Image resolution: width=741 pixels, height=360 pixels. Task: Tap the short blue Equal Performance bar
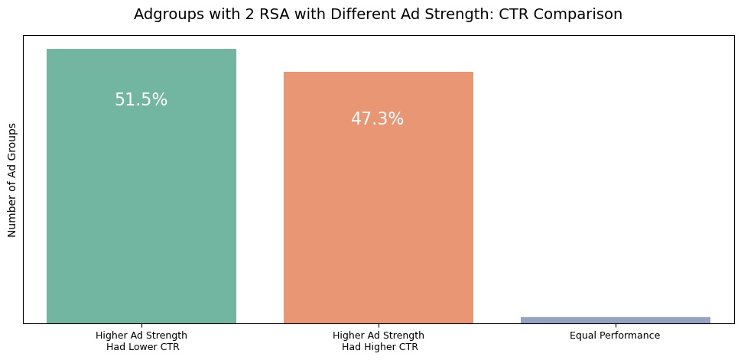[615, 319]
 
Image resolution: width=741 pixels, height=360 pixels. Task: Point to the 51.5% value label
[141, 100]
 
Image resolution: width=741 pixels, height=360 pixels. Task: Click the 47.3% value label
[378, 119]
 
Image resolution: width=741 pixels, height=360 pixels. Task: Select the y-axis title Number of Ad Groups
[12, 180]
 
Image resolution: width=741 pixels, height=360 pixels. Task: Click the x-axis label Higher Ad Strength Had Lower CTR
[141, 341]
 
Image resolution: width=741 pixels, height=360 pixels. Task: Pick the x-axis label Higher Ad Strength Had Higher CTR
[379, 341]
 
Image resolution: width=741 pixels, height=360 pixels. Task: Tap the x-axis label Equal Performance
[615, 336]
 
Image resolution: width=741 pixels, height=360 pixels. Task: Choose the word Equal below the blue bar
[583, 336]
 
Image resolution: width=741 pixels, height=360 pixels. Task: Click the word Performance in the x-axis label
[629, 336]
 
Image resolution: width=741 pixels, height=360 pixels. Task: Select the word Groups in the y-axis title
[12, 138]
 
